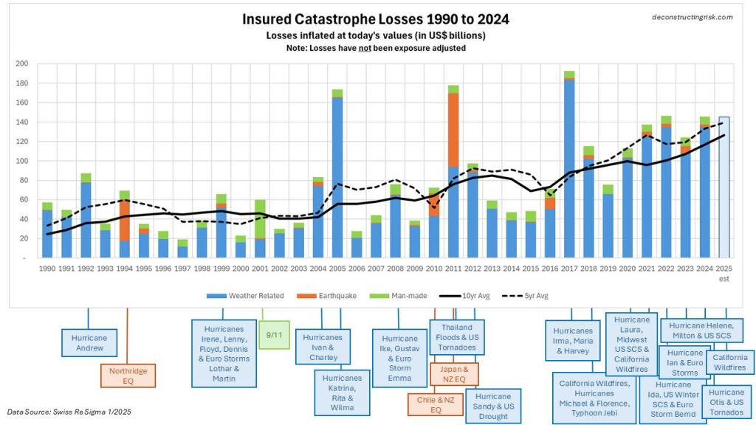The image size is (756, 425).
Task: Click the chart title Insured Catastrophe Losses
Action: click(x=375, y=18)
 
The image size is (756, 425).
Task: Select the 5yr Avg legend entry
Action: click(x=531, y=295)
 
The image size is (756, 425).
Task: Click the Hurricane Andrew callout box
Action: click(x=88, y=342)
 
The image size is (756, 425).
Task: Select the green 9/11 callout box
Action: click(x=273, y=335)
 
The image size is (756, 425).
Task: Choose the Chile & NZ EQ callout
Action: click(x=435, y=405)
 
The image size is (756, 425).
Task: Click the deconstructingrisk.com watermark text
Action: click(x=692, y=17)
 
